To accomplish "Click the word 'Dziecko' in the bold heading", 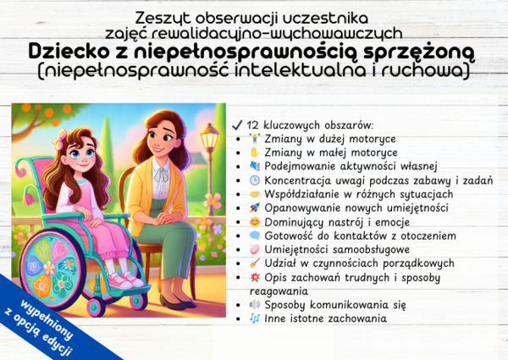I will pos(66,53).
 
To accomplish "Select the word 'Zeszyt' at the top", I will pos(163,17).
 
